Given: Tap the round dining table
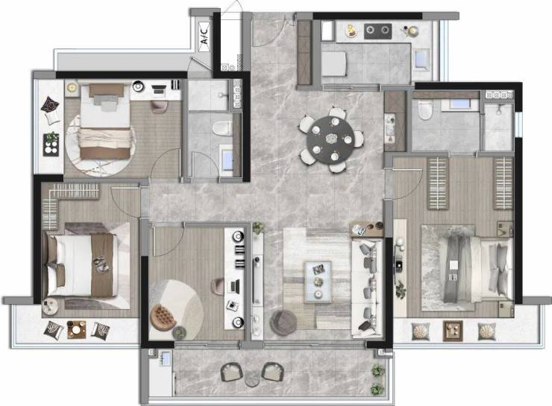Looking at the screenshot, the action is pos(330,139).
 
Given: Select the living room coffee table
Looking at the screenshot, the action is pos(319,282).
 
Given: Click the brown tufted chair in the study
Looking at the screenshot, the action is pos(163,317).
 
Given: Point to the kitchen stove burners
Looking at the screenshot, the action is pos(377,31).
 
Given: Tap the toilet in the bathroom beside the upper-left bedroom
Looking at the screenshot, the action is pos(222,128).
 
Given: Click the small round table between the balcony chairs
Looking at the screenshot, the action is pos(252,379).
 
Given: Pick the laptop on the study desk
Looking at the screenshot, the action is pos(234,286).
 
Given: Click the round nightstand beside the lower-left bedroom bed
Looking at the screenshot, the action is pos(50,306).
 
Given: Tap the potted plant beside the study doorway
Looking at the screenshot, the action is pos(258,227).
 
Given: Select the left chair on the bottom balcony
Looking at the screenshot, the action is pos(232,372).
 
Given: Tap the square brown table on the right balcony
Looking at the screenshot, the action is pos(453,331).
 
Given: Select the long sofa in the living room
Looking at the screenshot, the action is pos(367,288).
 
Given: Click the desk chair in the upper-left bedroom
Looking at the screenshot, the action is pos(159,107).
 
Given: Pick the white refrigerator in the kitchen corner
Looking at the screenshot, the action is pos(327,31).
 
